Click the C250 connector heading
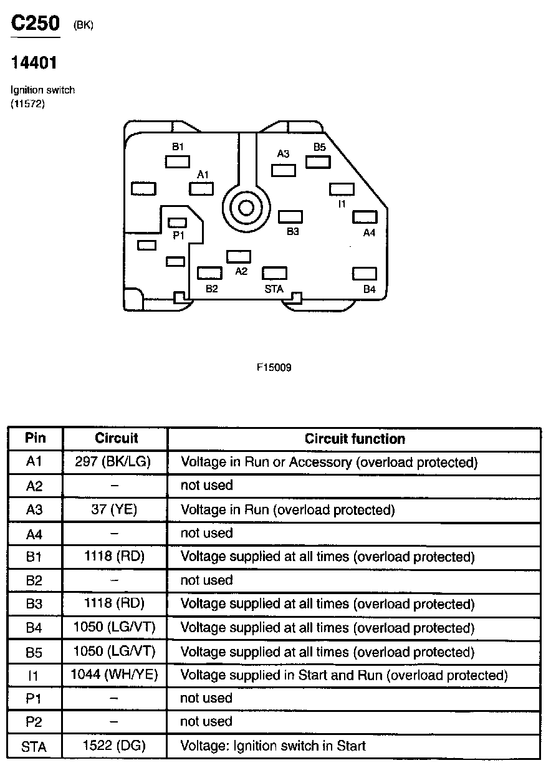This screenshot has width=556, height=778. pos(36,23)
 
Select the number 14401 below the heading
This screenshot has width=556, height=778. pos(34,63)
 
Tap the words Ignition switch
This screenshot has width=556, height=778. pos(43,90)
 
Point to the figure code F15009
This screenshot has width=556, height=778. pos(274,367)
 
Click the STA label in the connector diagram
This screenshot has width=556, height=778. pos(274,289)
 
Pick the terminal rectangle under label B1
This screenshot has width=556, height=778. pos(178,162)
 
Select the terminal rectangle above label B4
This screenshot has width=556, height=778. pos(365,274)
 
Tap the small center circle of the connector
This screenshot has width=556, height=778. pos(246,208)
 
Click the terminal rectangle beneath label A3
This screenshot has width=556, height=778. pos(284,171)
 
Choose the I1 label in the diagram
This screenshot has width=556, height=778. pos(342,204)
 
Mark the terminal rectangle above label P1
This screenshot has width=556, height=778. pos(177,223)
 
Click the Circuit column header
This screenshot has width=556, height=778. pos(117,438)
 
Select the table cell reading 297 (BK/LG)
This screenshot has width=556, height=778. pos(113,461)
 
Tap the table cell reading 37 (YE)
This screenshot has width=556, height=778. pos(114,509)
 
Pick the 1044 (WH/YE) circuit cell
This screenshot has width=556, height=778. pos(114,675)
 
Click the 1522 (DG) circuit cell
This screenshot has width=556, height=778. pos(114,746)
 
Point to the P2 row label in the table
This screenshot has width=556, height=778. pos(34,722)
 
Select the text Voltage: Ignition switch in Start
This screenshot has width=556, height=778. pos(273,746)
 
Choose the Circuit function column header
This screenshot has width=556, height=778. pos(355,439)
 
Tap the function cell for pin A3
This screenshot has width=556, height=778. pos(288,510)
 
